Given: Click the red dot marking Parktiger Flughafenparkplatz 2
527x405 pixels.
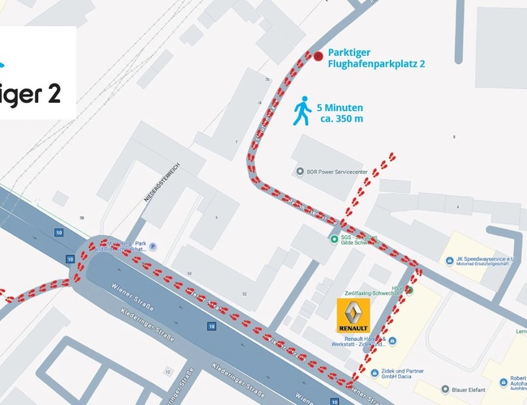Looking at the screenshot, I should click(319, 56).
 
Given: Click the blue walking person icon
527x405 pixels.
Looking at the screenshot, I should click(302, 112).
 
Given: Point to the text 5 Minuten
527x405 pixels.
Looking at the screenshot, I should click(340, 107).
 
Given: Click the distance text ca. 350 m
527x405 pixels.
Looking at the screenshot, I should click(341, 119).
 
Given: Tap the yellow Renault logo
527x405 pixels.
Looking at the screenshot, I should click(353, 313).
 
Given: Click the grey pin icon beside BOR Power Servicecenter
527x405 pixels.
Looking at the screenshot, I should click(299, 172).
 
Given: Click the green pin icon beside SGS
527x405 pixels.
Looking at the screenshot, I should click(333, 239).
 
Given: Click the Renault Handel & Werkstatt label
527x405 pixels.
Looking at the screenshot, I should click(357, 340).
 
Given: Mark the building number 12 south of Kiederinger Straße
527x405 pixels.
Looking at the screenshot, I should click(167, 372).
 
